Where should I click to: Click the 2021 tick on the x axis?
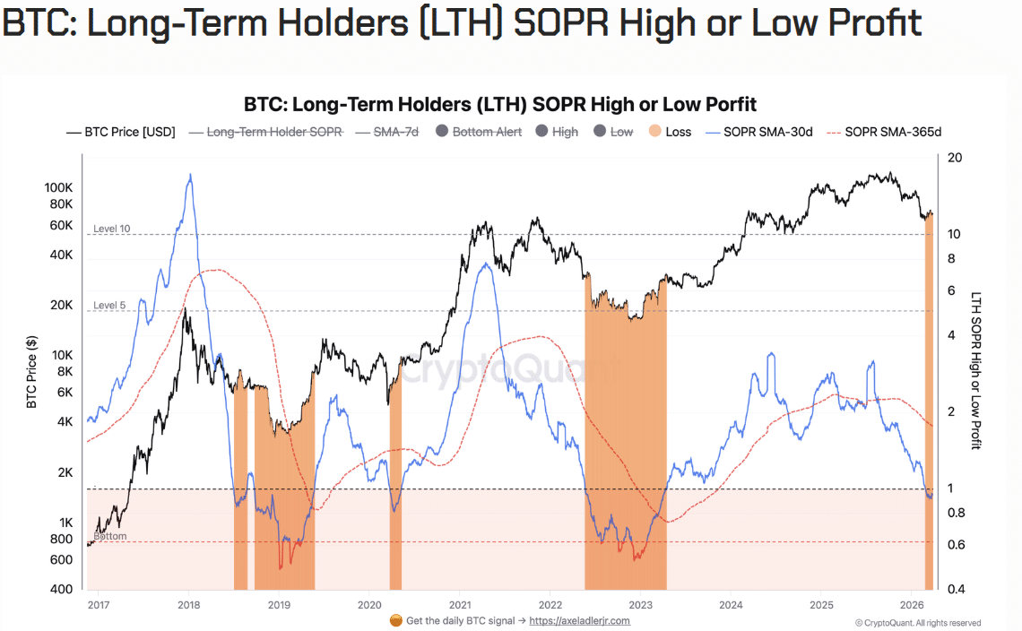(x=460, y=605)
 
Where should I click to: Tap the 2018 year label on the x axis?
(x=188, y=605)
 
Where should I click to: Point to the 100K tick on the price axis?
(x=59, y=188)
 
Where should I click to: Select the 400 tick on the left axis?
(x=62, y=590)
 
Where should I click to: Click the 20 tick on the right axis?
(x=955, y=158)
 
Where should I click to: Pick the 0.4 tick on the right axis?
(x=956, y=590)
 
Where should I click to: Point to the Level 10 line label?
(x=111, y=229)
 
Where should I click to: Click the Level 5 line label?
(x=109, y=306)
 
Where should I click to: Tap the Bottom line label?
(x=110, y=536)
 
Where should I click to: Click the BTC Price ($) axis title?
(x=31, y=372)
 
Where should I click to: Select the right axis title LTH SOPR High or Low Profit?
(x=977, y=371)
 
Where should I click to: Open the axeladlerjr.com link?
(x=579, y=620)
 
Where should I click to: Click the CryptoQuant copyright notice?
(x=917, y=623)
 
